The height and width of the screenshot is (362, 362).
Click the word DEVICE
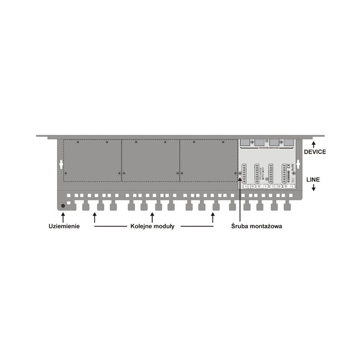pyautogui.click(x=314, y=152)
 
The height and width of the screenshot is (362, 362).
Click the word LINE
pyautogui.click(x=313, y=180)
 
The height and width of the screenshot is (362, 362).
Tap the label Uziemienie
pyautogui.click(x=64, y=226)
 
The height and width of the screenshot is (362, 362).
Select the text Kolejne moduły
pyautogui.click(x=152, y=226)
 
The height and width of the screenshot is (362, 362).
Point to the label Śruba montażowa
pyautogui.click(x=256, y=226)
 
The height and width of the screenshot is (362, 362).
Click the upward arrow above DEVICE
pyautogui.click(x=314, y=144)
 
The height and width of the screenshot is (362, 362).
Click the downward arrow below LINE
pyautogui.click(x=314, y=187)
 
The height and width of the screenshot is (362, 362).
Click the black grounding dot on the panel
pyautogui.click(x=63, y=206)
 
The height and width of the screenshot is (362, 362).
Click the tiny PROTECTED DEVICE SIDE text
pyautogui.click(x=266, y=148)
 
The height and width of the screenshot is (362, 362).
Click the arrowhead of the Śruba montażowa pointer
pyautogui.click(x=240, y=174)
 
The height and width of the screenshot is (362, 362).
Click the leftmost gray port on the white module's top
pyautogui.click(x=244, y=142)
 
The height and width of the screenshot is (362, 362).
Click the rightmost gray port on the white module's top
pyautogui.click(x=288, y=142)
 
